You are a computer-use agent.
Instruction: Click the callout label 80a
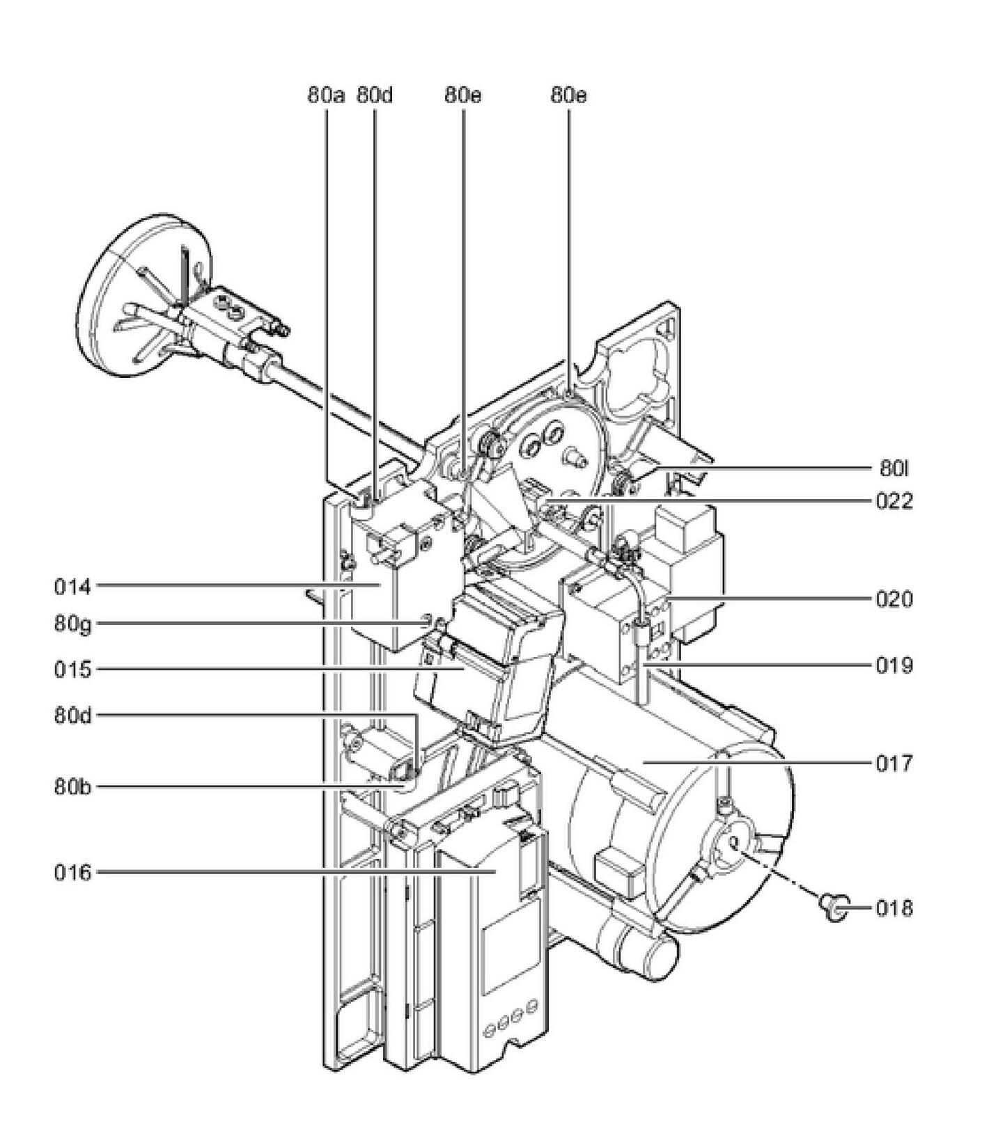click(325, 95)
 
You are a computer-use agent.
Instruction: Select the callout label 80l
click(894, 468)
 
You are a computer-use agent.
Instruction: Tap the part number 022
click(894, 501)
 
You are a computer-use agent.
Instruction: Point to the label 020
click(894, 599)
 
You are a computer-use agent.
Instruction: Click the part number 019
click(894, 666)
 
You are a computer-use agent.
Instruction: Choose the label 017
click(894, 764)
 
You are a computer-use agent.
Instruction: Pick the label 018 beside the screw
click(894, 908)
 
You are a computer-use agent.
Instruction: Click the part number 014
click(72, 587)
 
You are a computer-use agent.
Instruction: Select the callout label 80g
click(72, 624)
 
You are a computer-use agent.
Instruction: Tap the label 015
click(72, 670)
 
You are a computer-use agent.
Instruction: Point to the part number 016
click(72, 872)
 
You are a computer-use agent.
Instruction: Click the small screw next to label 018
click(832, 906)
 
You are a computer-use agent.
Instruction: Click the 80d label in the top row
click(375, 95)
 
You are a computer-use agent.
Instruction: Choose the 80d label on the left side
click(72, 715)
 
